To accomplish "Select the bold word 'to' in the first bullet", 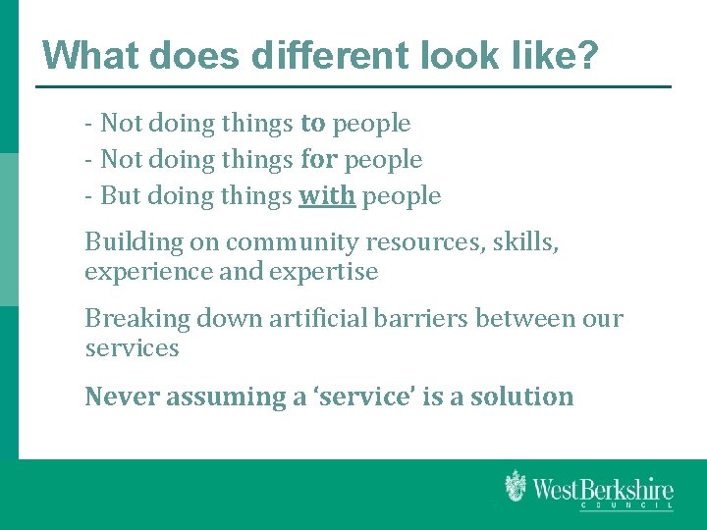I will click(313, 124).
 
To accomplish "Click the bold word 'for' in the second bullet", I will click(318, 160).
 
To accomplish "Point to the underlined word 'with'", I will click(327, 196).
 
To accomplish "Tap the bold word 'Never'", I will click(117, 397).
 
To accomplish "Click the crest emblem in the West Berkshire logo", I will click(515, 486).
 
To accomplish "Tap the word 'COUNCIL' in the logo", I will click(625, 505).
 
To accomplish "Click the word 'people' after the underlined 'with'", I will click(402, 196).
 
